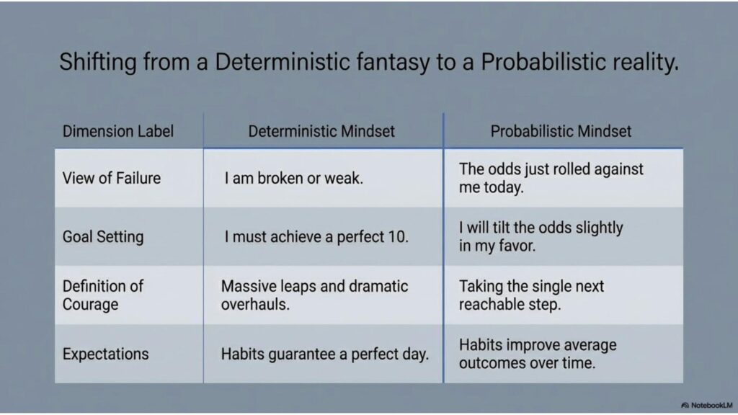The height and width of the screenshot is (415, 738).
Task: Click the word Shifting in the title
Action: pos(98,62)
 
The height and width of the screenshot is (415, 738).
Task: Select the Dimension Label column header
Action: pos(118,131)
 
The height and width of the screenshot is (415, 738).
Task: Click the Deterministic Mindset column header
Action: pos(321,131)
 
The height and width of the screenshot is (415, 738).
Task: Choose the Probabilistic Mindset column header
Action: pos(561,131)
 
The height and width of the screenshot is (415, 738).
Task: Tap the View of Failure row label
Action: pos(112,179)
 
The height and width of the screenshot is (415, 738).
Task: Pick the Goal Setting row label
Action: pos(103,236)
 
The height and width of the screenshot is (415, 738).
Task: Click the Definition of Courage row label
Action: pos(103,295)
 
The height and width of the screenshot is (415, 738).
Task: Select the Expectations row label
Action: pos(105,354)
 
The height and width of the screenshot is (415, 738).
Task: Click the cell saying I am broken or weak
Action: pos(294,179)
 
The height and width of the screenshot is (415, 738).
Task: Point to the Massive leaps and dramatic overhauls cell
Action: pos(314,295)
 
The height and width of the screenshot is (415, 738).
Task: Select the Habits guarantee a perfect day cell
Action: pos(325,354)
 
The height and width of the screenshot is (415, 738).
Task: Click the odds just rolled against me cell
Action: pos(551,178)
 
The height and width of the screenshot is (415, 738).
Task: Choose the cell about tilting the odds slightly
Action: pos(541,236)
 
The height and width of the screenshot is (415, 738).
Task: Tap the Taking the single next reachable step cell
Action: pos(531,295)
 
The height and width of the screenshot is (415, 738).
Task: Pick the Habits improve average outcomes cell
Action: pos(538,354)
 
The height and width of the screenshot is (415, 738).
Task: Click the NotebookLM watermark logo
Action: pos(685,405)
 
